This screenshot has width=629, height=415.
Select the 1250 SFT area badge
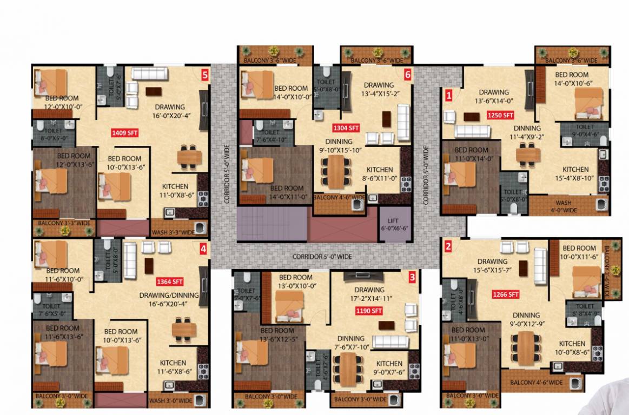500,115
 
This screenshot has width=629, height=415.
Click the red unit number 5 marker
204,75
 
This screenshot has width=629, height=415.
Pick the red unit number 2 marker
448,247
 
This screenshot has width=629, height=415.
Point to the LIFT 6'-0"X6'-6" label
393,225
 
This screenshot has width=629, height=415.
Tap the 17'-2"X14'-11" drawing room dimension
370,298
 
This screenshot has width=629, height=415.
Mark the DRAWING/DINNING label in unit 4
169,296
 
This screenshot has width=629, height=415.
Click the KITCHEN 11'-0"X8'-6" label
175,190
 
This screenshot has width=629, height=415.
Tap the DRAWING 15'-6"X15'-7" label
492,265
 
